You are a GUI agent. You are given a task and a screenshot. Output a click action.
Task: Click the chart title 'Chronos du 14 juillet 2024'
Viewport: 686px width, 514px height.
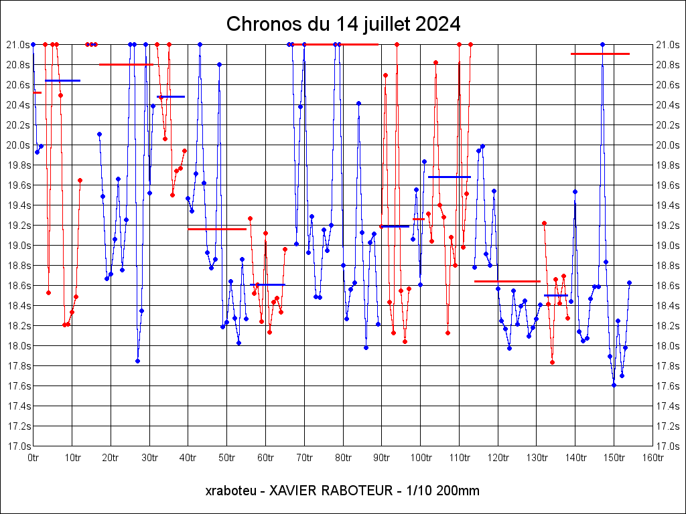click(x=343, y=24)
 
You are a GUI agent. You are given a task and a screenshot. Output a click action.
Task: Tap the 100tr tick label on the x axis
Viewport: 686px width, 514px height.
click(x=421, y=458)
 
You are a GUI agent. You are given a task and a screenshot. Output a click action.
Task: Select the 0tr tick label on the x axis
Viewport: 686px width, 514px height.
click(x=33, y=458)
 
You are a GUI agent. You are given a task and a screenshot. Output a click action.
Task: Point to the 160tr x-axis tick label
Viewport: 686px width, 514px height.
click(x=653, y=458)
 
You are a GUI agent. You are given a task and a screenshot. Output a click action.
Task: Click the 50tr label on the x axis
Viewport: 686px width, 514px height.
click(x=227, y=458)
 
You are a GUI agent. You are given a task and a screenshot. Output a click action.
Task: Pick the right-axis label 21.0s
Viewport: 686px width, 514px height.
click(x=667, y=44)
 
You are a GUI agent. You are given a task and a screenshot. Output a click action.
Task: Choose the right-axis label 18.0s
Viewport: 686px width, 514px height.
click(x=667, y=345)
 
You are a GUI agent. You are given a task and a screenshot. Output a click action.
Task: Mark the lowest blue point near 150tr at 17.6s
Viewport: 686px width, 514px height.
click(x=614, y=385)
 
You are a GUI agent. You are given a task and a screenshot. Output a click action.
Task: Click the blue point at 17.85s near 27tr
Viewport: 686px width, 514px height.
click(x=137, y=361)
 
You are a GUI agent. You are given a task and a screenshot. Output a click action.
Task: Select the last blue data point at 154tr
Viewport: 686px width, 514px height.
click(x=629, y=282)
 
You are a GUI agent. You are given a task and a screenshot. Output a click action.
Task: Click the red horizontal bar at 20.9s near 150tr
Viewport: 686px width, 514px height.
click(x=600, y=54)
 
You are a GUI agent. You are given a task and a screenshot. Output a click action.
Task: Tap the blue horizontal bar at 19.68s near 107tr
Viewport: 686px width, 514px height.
click(x=449, y=177)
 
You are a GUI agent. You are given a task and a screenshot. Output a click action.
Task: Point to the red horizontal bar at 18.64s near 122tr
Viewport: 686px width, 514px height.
click(x=507, y=281)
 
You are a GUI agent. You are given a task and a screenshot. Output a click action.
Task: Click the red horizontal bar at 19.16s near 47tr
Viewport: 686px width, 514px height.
click(x=216, y=229)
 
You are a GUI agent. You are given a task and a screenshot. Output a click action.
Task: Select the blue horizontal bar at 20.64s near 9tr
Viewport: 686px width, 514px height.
click(x=62, y=80)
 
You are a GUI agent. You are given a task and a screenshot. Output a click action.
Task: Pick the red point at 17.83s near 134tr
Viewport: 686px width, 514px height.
click(x=552, y=362)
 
